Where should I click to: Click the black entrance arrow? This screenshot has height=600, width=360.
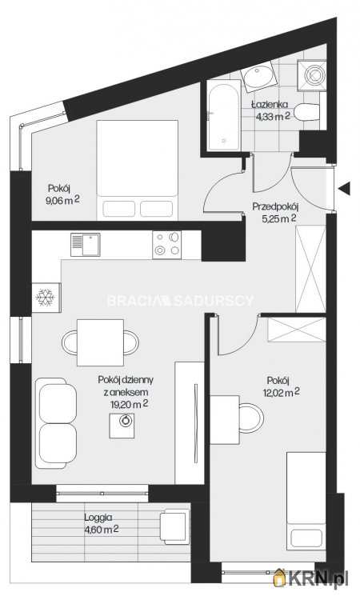tap(345, 189)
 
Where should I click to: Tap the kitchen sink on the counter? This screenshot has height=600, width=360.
tap(87, 244)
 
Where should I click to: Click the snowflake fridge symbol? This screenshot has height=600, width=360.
tap(45, 298)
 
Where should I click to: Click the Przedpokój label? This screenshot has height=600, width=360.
tap(274, 206)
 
